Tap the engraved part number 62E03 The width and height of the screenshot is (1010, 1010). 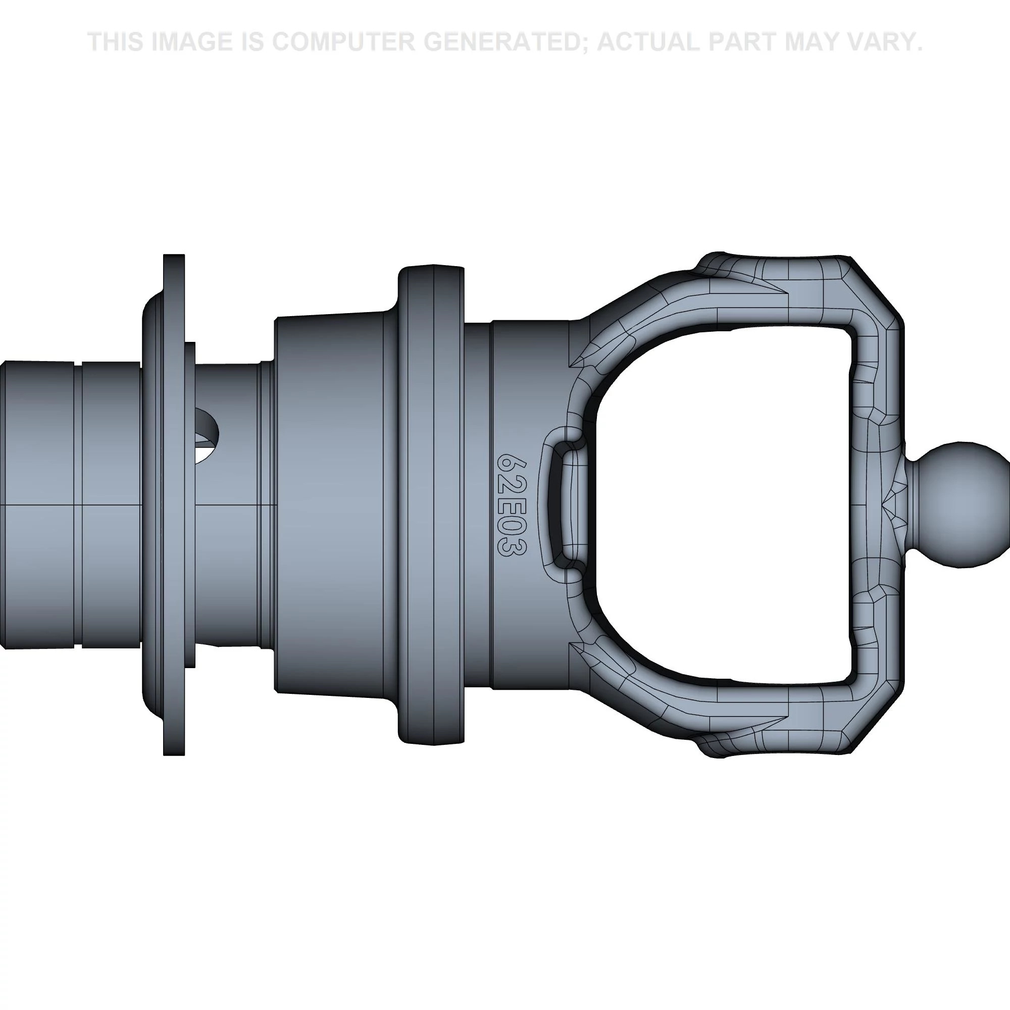coord(512,504)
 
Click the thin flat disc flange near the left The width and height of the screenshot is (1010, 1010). coord(174,504)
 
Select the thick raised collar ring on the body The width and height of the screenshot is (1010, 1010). coord(431,504)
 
